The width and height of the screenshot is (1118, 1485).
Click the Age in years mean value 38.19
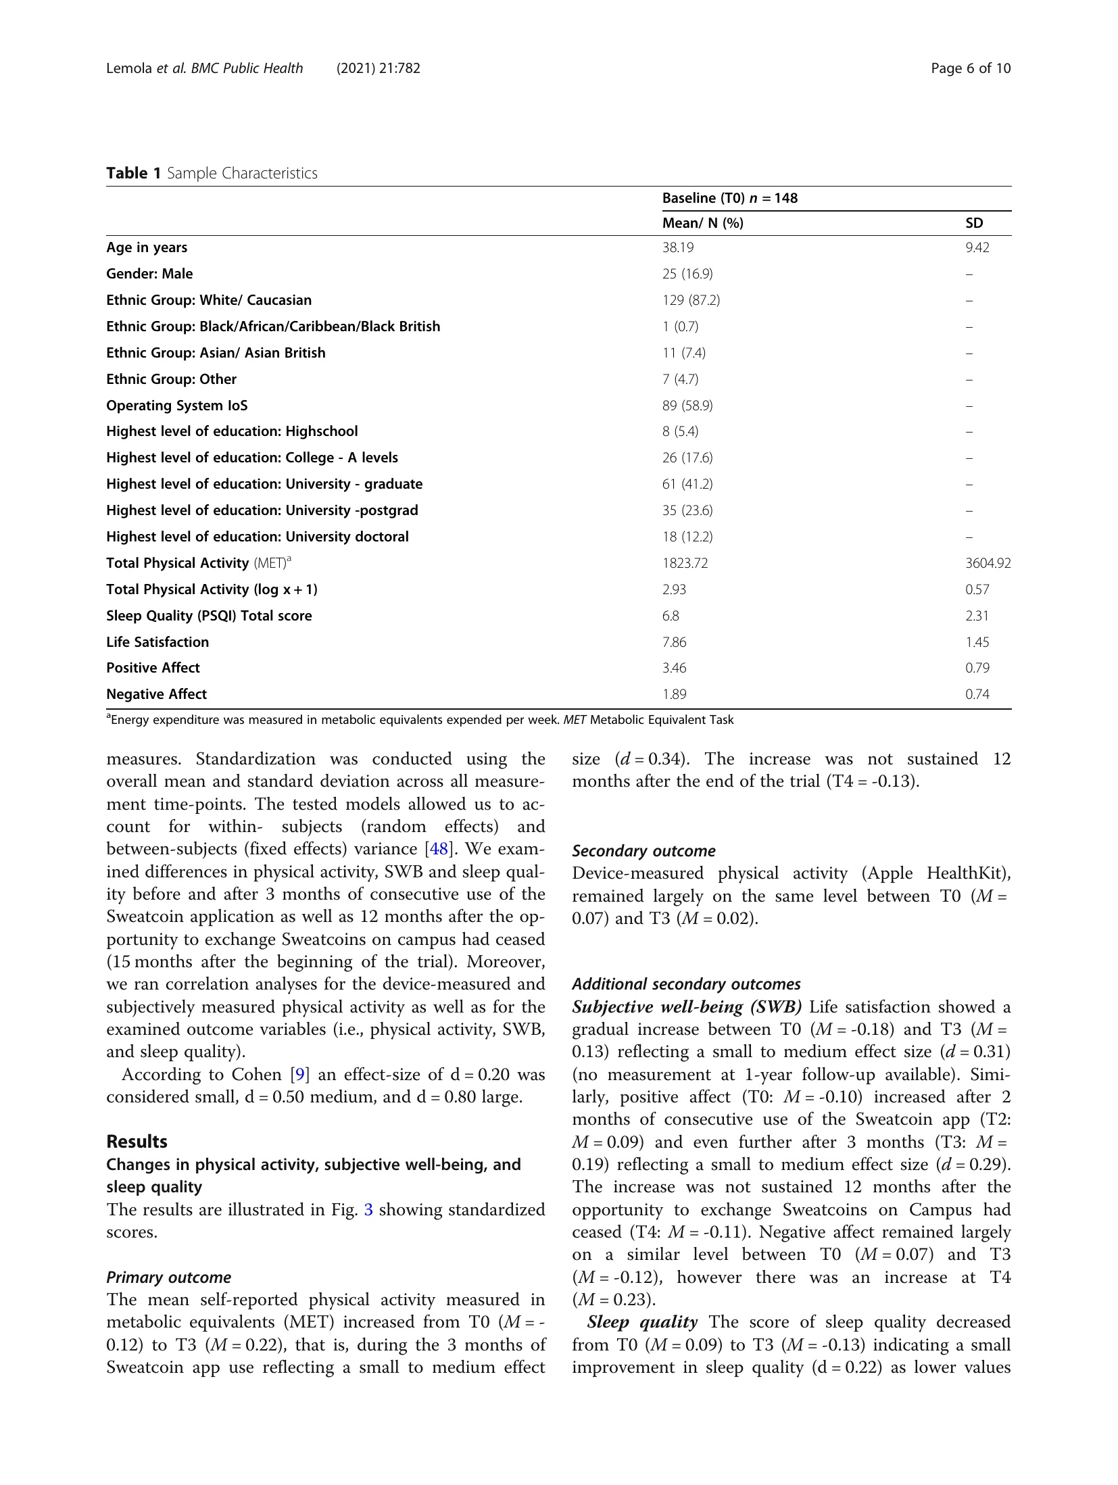[x=677, y=247]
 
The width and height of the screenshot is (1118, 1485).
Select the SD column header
[x=974, y=223]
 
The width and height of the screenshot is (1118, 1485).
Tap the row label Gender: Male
[x=149, y=274]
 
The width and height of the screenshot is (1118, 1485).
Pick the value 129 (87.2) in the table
[x=691, y=300]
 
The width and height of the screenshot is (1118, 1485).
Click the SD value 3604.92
[x=988, y=563]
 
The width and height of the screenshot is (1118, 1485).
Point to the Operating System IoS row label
[x=177, y=406]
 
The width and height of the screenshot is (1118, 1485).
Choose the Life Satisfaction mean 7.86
[x=674, y=642]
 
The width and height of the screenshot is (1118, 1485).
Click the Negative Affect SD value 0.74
[x=977, y=694]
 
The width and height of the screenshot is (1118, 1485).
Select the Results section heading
[x=137, y=1142]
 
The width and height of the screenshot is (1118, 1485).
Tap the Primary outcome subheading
[x=168, y=1277]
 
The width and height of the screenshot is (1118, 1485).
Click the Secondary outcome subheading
[x=643, y=851]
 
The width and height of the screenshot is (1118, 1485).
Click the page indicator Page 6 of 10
[x=970, y=68]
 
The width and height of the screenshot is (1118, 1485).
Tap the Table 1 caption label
[x=134, y=173]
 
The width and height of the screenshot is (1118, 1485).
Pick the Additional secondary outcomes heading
[x=686, y=984]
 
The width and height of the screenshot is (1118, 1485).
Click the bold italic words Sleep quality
[x=642, y=1322]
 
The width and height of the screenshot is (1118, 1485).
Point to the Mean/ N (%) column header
[x=702, y=223]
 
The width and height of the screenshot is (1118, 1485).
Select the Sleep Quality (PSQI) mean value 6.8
[x=671, y=616]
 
